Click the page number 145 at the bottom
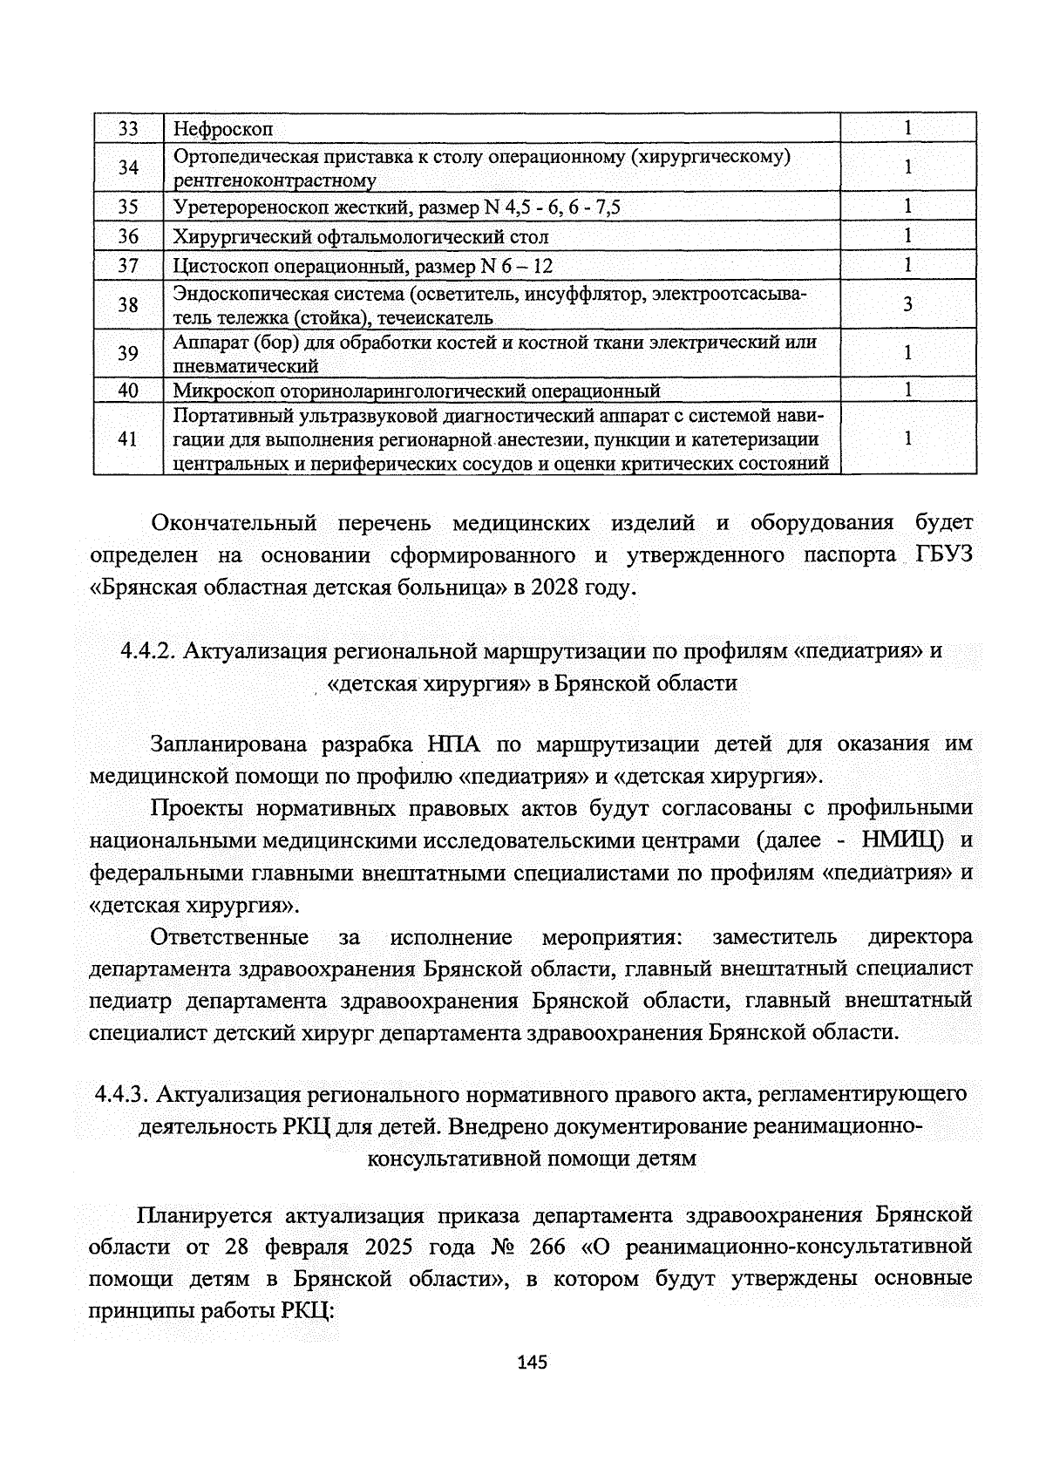click(x=531, y=1362)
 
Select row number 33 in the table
click(x=128, y=129)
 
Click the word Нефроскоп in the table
click(x=223, y=130)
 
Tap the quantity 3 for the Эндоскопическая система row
click(x=907, y=304)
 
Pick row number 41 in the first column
click(x=128, y=438)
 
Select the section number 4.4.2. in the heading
click(x=148, y=650)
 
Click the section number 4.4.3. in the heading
click(x=124, y=1093)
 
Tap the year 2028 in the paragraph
click(x=554, y=588)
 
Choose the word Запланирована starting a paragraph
click(x=229, y=744)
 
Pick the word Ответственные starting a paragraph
click(x=229, y=937)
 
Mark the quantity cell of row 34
click(x=907, y=167)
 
